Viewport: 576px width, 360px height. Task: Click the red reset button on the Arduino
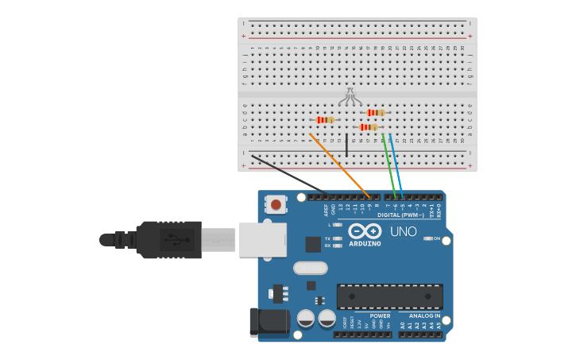pyautogui.click(x=276, y=204)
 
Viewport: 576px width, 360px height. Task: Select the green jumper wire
pyautogui.click(x=389, y=165)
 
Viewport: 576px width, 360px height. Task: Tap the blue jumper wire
pyautogui.click(x=396, y=165)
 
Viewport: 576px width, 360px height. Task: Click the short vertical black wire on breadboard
pyautogui.click(x=346, y=145)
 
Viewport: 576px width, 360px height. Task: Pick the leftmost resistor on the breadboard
pyautogui.click(x=325, y=120)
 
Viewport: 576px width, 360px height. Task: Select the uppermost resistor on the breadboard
pyautogui.click(x=376, y=113)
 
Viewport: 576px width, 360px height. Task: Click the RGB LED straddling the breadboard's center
pyautogui.click(x=350, y=97)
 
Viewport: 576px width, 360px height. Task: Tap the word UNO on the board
pyautogui.click(x=403, y=232)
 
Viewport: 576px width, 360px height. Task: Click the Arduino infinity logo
pyautogui.click(x=365, y=230)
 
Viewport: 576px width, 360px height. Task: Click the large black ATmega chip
pyautogui.click(x=389, y=296)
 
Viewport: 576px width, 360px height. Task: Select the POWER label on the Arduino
pyautogui.click(x=380, y=316)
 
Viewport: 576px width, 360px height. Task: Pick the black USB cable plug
pyautogui.click(x=168, y=239)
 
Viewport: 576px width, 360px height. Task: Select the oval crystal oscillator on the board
pyautogui.click(x=310, y=268)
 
